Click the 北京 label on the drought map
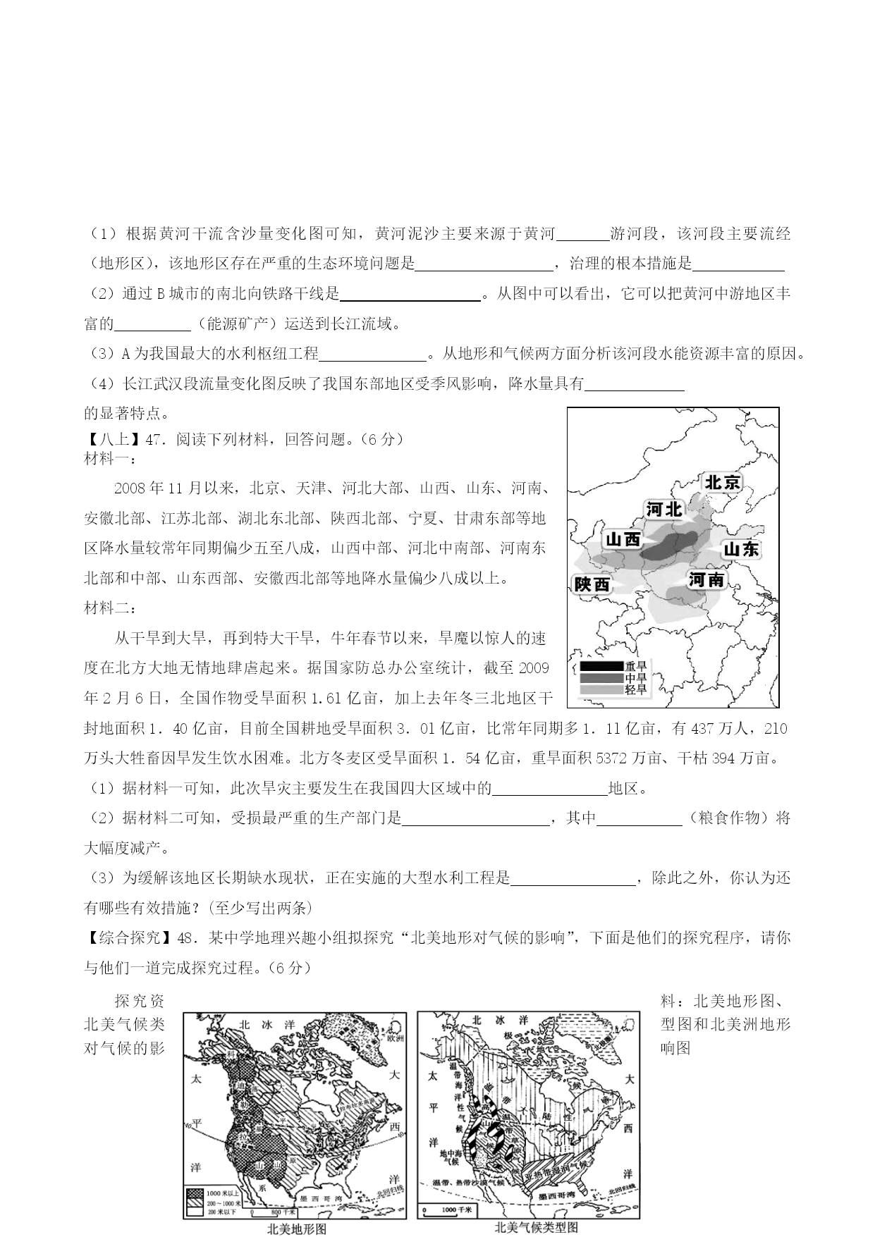click(723, 482)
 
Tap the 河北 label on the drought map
click(664, 508)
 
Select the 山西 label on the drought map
click(623, 539)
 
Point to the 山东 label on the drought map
click(741, 549)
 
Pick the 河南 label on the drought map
click(706, 579)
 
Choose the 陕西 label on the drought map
click(592, 584)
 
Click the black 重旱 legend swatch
click(600, 665)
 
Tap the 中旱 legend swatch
click(600, 677)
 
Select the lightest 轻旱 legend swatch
click(600, 689)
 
